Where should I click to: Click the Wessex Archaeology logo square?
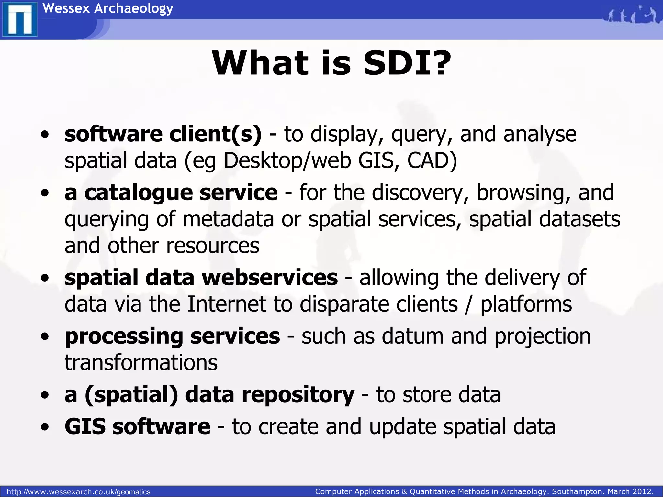(19, 19)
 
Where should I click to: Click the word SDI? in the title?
(407, 63)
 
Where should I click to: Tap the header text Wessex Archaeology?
(108, 8)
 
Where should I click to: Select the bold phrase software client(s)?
(163, 134)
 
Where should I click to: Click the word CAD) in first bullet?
(432, 161)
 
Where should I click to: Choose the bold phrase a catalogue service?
(171, 193)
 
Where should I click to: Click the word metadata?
(228, 219)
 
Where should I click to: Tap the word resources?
(213, 246)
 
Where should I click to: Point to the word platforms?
(526, 304)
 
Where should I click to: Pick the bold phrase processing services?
(172, 336)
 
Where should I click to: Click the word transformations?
(141, 363)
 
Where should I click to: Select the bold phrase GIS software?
(137, 426)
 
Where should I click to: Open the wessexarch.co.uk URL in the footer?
(78, 492)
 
